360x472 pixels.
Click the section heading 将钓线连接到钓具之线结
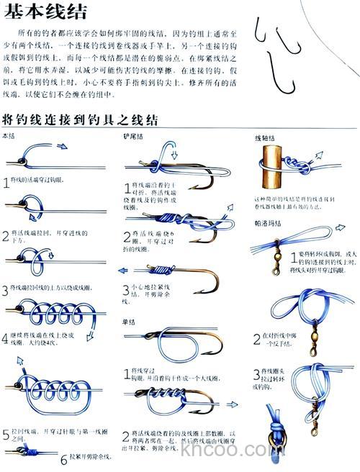click(x=80, y=119)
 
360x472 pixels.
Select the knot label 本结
click(x=9, y=135)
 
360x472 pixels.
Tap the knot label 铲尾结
click(x=133, y=135)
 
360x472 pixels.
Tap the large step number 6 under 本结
click(x=63, y=458)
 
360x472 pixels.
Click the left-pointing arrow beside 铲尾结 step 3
click(x=122, y=271)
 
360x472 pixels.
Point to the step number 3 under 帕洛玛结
click(x=256, y=373)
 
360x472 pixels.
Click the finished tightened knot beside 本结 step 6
click(x=29, y=450)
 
